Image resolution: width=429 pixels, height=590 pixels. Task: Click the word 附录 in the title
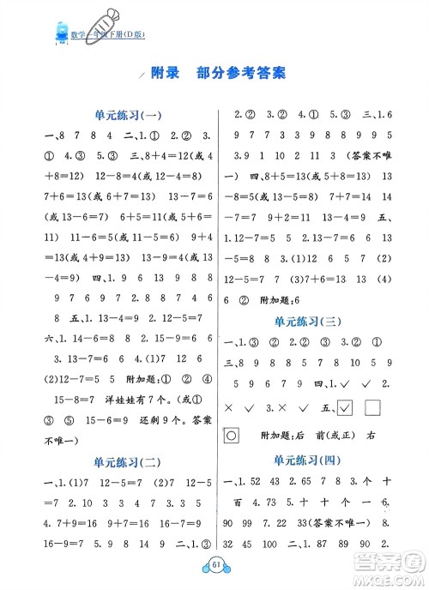tap(164, 74)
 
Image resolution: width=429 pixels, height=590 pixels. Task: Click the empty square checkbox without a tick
tap(374, 406)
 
